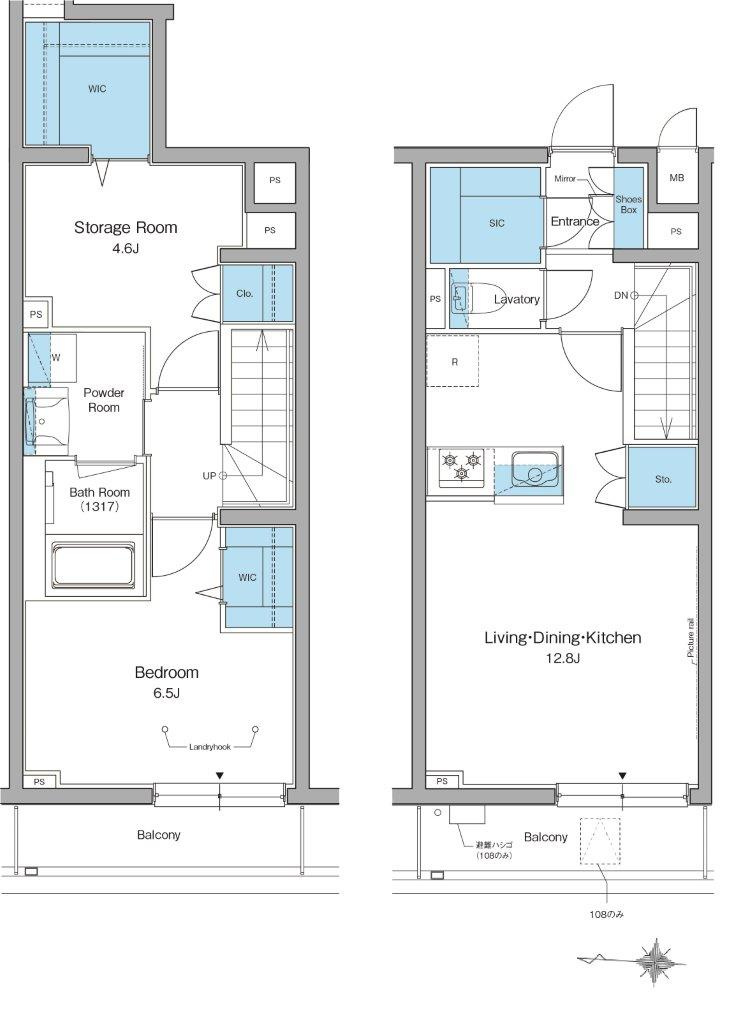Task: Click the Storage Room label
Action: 125,227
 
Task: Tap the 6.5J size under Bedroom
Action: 166,693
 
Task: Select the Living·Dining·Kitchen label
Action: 562,637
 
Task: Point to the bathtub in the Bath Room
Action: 93,566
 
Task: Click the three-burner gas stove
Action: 462,467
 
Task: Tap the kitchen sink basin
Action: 534,469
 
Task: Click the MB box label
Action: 676,177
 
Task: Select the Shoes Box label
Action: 628,204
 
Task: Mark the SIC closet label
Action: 497,223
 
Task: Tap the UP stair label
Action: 209,476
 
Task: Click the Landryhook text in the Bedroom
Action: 210,746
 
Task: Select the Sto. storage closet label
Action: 663,479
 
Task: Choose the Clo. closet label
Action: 244,294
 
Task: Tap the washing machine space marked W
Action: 56,357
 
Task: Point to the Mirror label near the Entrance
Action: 565,178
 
